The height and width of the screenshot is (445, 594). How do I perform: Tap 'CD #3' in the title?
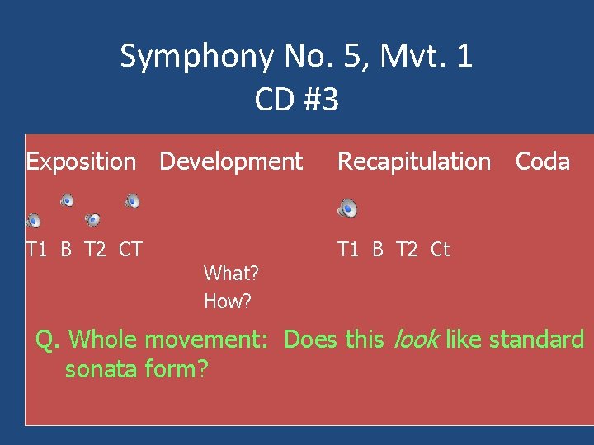point(296,100)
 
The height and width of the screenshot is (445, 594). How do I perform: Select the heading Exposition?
point(81,162)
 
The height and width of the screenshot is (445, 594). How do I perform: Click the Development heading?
point(231,162)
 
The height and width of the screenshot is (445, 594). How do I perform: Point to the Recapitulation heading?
point(414,162)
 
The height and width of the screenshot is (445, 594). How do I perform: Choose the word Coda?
point(542,162)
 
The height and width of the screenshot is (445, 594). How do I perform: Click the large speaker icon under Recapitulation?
point(347,209)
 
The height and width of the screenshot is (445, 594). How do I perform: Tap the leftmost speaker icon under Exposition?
point(33,220)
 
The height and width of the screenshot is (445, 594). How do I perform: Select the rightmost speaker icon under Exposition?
point(132,200)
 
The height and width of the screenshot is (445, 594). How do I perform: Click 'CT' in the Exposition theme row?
point(130,249)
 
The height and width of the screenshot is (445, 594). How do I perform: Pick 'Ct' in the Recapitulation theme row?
point(440,249)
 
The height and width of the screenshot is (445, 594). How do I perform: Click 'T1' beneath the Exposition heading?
point(37,249)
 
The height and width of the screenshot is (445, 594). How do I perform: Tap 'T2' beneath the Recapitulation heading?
point(408,249)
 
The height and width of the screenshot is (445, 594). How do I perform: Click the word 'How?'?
point(227,302)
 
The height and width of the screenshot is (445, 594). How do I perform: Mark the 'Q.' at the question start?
point(49,340)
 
